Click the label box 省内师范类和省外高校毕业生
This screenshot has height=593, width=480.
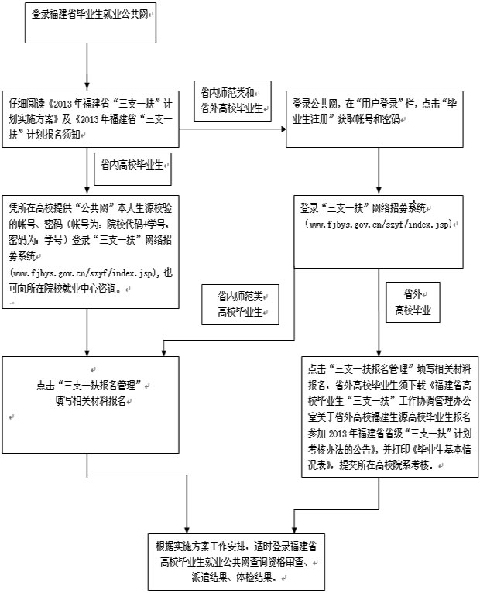pos(233,99)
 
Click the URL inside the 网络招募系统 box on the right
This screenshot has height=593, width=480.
pos(379,225)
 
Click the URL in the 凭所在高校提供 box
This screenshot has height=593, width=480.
pos(84,273)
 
